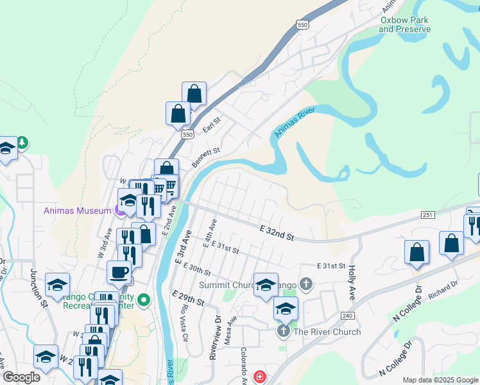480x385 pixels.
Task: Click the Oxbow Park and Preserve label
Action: [404, 24]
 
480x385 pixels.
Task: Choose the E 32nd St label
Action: [277, 233]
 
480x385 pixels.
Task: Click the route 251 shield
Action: [427, 215]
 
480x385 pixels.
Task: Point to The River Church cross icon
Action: [283, 331]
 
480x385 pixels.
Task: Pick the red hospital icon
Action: [259, 377]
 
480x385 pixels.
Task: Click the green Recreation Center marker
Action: [144, 299]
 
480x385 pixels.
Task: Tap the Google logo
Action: [21, 377]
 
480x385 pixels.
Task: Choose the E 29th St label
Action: [188, 297]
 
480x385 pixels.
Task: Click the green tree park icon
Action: [22, 142]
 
